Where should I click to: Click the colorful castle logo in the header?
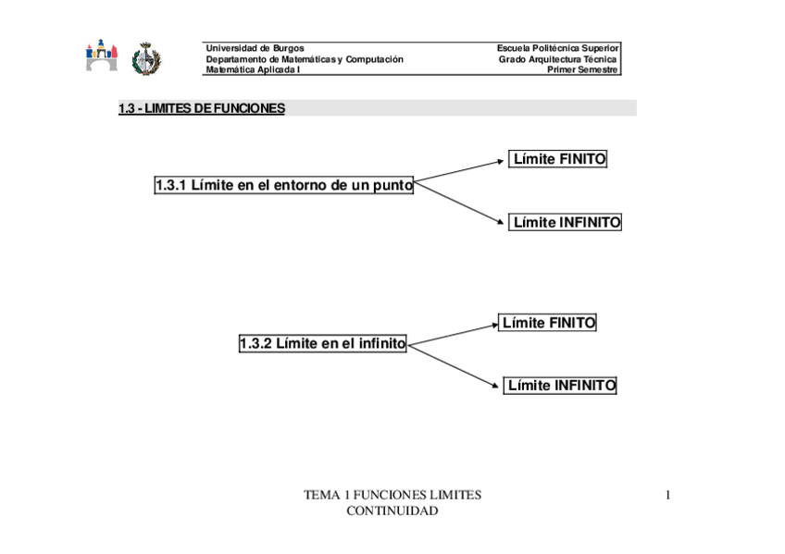[102, 55]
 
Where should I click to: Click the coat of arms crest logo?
[145, 59]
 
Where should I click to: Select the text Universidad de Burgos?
[255, 48]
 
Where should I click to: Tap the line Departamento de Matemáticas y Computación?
[305, 59]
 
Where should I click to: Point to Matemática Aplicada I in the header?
[253, 69]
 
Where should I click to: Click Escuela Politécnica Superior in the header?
[557, 48]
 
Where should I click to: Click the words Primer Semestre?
[582, 69]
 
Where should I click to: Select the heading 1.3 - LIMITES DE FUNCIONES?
[202, 109]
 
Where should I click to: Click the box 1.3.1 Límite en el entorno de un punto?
[284, 185]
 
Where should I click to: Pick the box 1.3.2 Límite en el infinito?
[322, 344]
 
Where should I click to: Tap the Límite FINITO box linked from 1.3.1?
[559, 159]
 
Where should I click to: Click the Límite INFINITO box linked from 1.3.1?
[566, 222]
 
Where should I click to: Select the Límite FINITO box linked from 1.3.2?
[548, 323]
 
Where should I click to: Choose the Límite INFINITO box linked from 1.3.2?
[560, 386]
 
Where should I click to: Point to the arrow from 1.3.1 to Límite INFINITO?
[459, 203]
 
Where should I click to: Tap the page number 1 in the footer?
[667, 496]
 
